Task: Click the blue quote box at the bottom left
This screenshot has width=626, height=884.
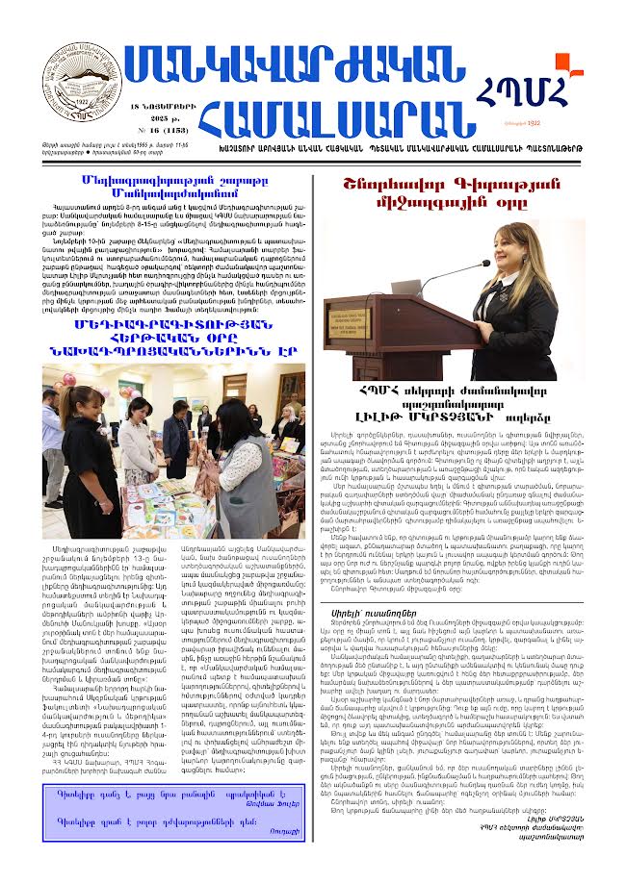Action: point(173,810)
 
